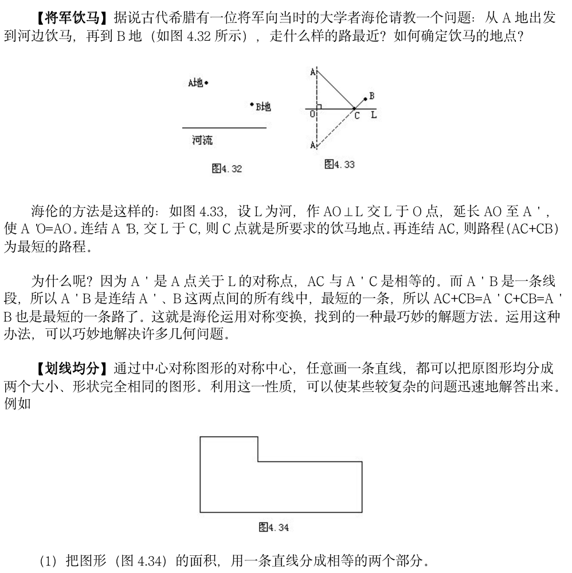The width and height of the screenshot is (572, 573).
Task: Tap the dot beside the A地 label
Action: click(x=206, y=83)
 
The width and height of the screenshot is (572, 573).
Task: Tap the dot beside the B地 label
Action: click(x=252, y=104)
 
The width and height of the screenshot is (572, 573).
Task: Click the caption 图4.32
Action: click(x=227, y=168)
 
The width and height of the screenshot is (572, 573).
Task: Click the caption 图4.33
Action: click(x=339, y=164)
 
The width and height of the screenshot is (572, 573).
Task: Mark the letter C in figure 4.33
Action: click(x=356, y=116)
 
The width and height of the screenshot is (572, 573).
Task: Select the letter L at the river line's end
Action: click(x=373, y=115)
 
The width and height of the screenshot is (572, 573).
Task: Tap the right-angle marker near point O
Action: click(x=319, y=105)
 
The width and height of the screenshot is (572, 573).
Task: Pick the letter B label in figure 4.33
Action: click(x=371, y=96)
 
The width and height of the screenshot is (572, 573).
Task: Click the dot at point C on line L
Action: click(x=354, y=108)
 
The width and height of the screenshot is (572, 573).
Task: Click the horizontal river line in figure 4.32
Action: click(x=224, y=127)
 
